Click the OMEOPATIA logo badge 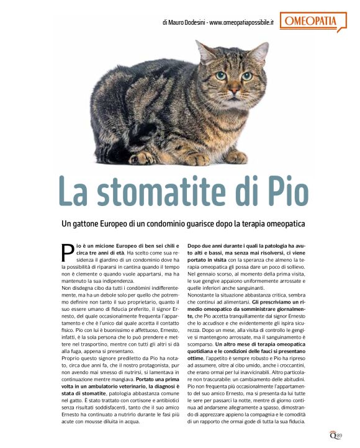point(316,22)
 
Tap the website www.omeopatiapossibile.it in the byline point(243,23)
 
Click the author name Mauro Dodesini point(184,23)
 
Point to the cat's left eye point(221,75)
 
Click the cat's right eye point(246,76)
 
